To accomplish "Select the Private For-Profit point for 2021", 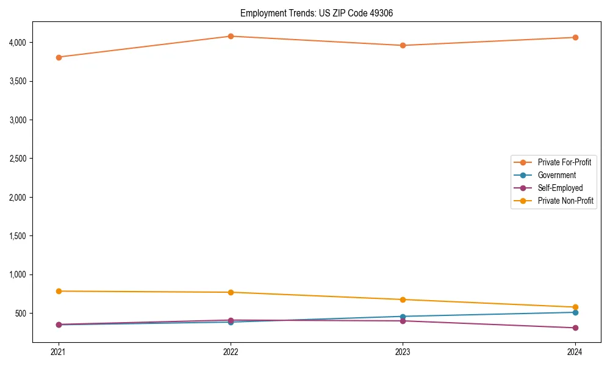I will [59, 57].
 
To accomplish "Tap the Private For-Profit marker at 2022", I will [231, 36].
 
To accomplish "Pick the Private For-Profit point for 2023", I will [403, 45].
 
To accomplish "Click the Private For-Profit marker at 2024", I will [575, 37].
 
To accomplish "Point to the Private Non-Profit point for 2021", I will [59, 291].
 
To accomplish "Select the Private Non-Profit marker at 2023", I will [403, 300].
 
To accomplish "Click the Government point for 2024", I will [575, 312].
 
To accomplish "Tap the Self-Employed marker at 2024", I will [575, 328].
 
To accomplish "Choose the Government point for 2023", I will [403, 317].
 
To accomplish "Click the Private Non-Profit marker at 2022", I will [231, 292].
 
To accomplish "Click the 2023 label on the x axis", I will [403, 351].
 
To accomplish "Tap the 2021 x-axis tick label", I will [59, 351].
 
